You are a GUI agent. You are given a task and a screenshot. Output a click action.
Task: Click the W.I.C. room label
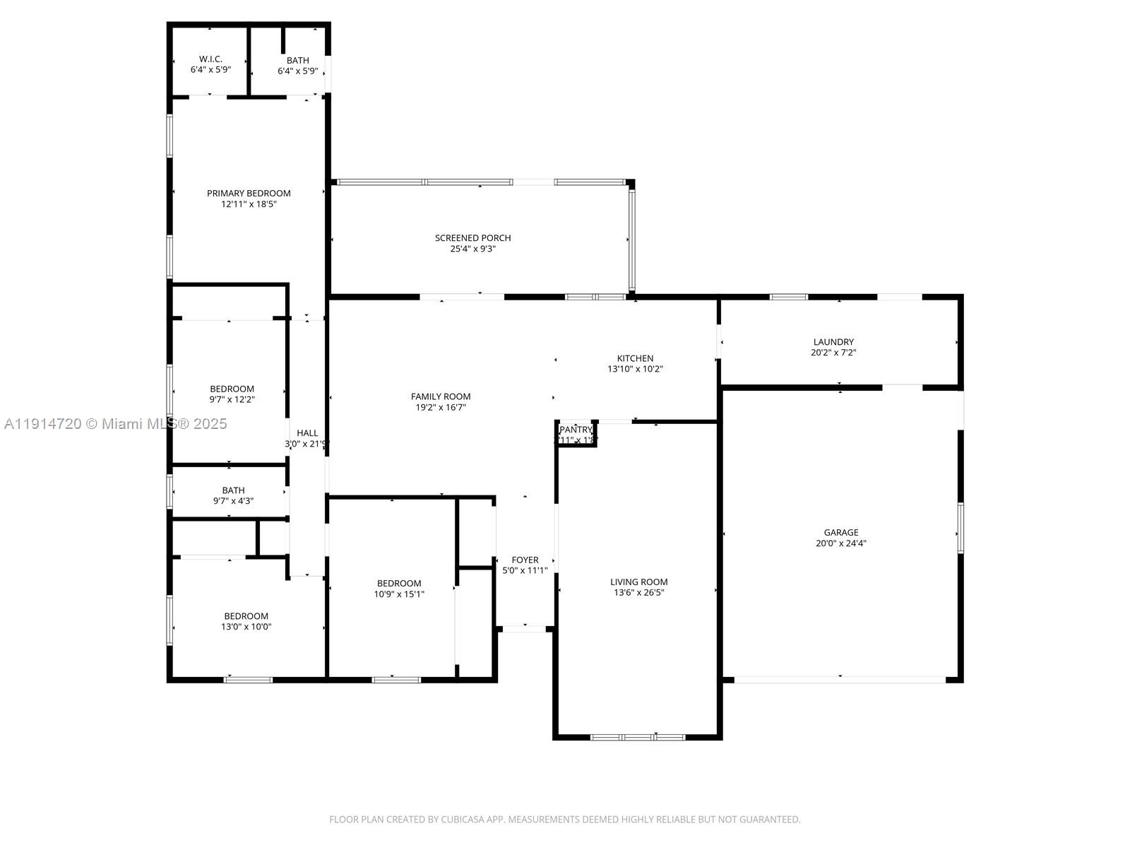click(210, 59)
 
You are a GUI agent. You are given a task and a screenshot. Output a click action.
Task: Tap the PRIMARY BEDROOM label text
click(249, 193)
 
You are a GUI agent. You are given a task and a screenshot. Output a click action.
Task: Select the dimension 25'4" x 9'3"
click(472, 249)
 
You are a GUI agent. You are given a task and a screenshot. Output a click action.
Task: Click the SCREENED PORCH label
click(472, 237)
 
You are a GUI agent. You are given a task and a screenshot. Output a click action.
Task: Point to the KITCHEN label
click(635, 358)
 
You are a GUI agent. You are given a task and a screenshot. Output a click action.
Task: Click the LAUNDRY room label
click(833, 342)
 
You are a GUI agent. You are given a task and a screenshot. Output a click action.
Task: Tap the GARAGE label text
click(840, 533)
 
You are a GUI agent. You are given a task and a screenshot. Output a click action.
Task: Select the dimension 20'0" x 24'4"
click(840, 543)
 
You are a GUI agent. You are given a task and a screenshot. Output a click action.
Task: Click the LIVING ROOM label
click(638, 582)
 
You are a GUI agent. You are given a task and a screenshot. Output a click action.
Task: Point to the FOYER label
click(525, 560)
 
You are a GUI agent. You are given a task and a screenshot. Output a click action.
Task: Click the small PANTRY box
click(576, 434)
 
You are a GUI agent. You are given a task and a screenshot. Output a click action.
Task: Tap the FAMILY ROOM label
click(441, 396)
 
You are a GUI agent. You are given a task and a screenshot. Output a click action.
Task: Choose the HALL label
click(307, 433)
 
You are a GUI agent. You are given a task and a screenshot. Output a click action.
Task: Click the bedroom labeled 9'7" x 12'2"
click(232, 394)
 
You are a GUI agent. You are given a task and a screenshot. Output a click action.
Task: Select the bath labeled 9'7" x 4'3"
click(233, 495)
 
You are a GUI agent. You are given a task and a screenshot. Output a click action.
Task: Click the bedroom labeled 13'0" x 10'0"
click(246, 620)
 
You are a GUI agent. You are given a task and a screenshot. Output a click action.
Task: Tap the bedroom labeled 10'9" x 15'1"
click(399, 588)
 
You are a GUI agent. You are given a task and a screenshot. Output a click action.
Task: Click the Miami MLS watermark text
click(116, 424)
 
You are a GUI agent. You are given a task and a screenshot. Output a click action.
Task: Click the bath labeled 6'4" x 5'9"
click(297, 65)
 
